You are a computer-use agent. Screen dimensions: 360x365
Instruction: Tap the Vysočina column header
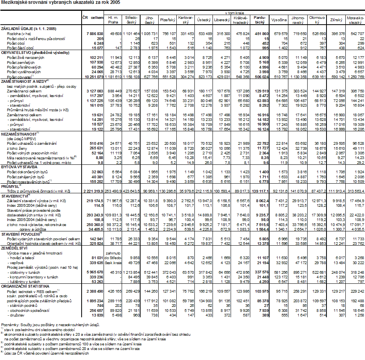(x=278, y=19)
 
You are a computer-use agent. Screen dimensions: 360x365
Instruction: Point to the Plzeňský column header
(x=167, y=19)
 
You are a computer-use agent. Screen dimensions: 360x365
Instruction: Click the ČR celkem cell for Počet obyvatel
(x=93, y=77)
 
